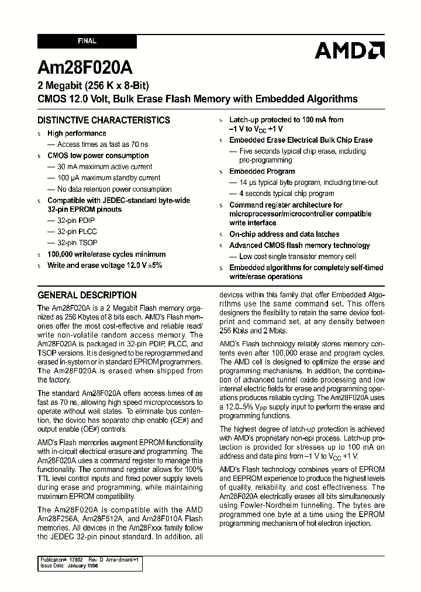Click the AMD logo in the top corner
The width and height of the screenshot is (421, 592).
coord(349,50)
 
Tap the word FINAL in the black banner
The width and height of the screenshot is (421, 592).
coord(87,42)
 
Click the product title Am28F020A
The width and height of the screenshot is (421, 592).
coord(78,65)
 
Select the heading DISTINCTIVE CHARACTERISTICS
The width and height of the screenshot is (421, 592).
coord(103,121)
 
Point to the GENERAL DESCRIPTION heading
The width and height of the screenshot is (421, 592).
coord(87,295)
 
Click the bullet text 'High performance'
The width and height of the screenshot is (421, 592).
coord(77,133)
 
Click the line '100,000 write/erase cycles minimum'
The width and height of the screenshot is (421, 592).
coord(106,254)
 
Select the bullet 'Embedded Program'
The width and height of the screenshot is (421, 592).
coord(262,171)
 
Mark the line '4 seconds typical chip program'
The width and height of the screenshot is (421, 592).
coord(287,194)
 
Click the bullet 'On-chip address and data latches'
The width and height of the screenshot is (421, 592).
coord(284,234)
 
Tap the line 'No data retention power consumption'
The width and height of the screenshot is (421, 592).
coord(114,189)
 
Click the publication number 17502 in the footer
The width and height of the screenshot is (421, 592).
coord(78,560)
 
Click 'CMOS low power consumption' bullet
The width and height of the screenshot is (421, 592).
coord(98,156)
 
